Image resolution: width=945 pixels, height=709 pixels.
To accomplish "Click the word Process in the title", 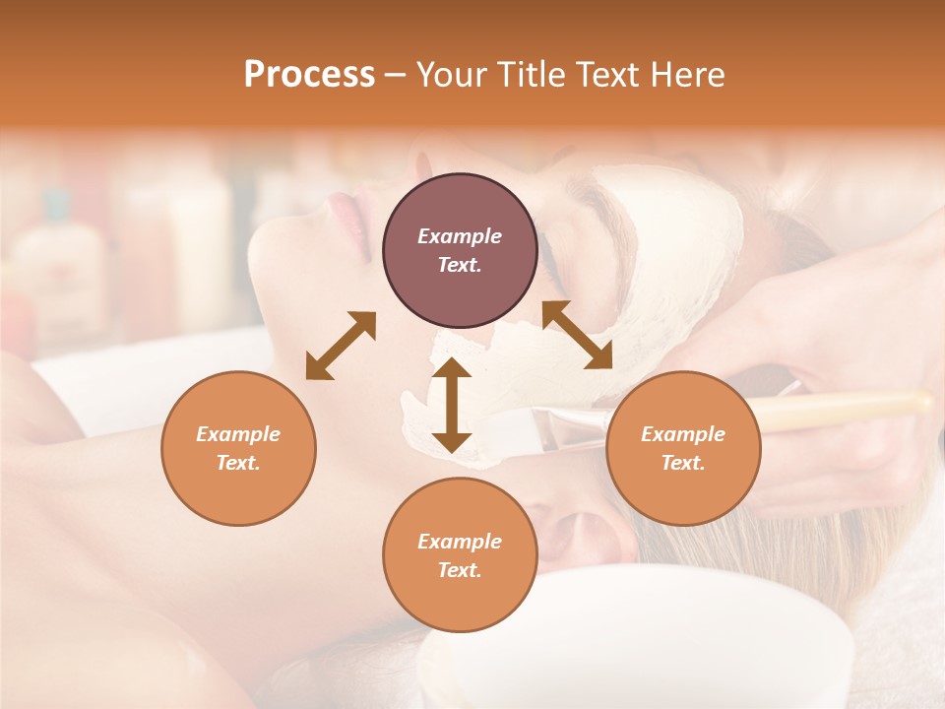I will coord(309,75).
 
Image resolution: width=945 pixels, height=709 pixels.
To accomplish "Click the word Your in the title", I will coord(450,75).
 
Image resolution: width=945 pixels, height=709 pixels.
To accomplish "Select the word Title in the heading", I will coord(528,75).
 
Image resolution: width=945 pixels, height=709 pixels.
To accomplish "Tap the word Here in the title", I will coord(689,75).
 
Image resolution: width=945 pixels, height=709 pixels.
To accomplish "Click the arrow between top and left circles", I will coord(341,346).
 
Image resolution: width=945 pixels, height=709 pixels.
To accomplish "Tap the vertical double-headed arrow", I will coord(452,405).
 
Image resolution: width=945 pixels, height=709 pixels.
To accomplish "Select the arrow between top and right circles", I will coord(577,335).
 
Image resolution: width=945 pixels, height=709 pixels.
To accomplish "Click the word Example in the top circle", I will coord(460,236).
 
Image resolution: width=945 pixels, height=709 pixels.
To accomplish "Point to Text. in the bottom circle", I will coord(460,570).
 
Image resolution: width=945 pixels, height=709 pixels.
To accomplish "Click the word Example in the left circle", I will coord(238,434).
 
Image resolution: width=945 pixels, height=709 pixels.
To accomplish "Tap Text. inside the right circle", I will coord(682,463).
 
